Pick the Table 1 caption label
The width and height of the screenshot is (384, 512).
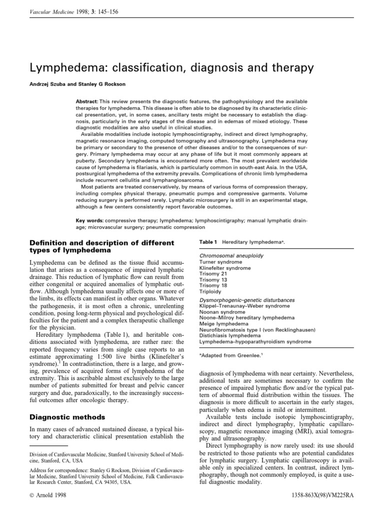(208, 242)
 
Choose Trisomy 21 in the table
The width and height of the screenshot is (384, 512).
(212, 274)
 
